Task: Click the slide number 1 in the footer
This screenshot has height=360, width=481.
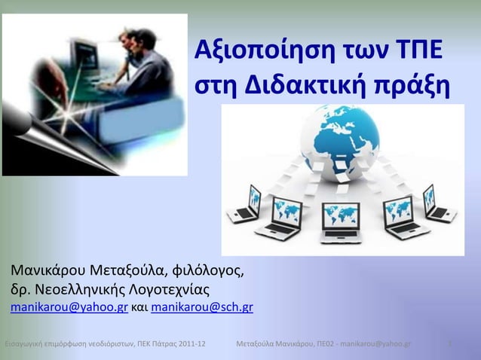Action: tap(449, 345)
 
